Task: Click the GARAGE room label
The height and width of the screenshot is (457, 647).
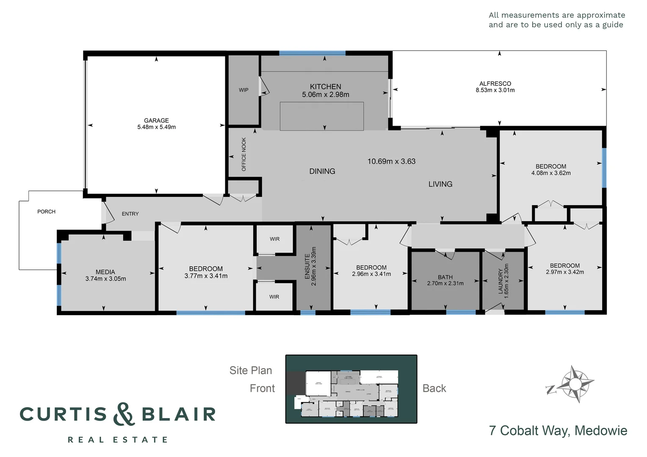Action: point(156,121)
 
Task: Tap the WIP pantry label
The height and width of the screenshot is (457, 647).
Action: point(243,90)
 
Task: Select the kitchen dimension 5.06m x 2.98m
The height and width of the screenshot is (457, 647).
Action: point(325,95)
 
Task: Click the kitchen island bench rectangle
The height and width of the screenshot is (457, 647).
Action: point(321,116)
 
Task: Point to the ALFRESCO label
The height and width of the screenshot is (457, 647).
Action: point(495,84)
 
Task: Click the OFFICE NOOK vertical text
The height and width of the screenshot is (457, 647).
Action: point(244,154)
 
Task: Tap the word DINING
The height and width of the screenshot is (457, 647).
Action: point(322,171)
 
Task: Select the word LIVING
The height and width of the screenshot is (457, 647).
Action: point(440,184)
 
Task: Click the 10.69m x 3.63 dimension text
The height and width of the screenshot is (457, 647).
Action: point(391,161)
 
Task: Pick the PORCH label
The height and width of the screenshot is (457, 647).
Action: point(46,212)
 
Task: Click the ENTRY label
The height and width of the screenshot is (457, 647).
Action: point(130,214)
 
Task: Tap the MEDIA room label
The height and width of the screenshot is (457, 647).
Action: point(105,272)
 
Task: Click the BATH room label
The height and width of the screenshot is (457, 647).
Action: point(445,277)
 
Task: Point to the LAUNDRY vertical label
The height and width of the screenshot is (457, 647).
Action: point(500,281)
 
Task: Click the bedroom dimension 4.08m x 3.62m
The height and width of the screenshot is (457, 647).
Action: point(551,173)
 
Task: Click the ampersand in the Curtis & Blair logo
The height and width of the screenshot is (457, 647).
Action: point(124,414)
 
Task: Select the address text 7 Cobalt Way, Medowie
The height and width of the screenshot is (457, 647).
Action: point(558,430)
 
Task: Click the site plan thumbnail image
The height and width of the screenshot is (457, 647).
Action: point(351,389)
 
